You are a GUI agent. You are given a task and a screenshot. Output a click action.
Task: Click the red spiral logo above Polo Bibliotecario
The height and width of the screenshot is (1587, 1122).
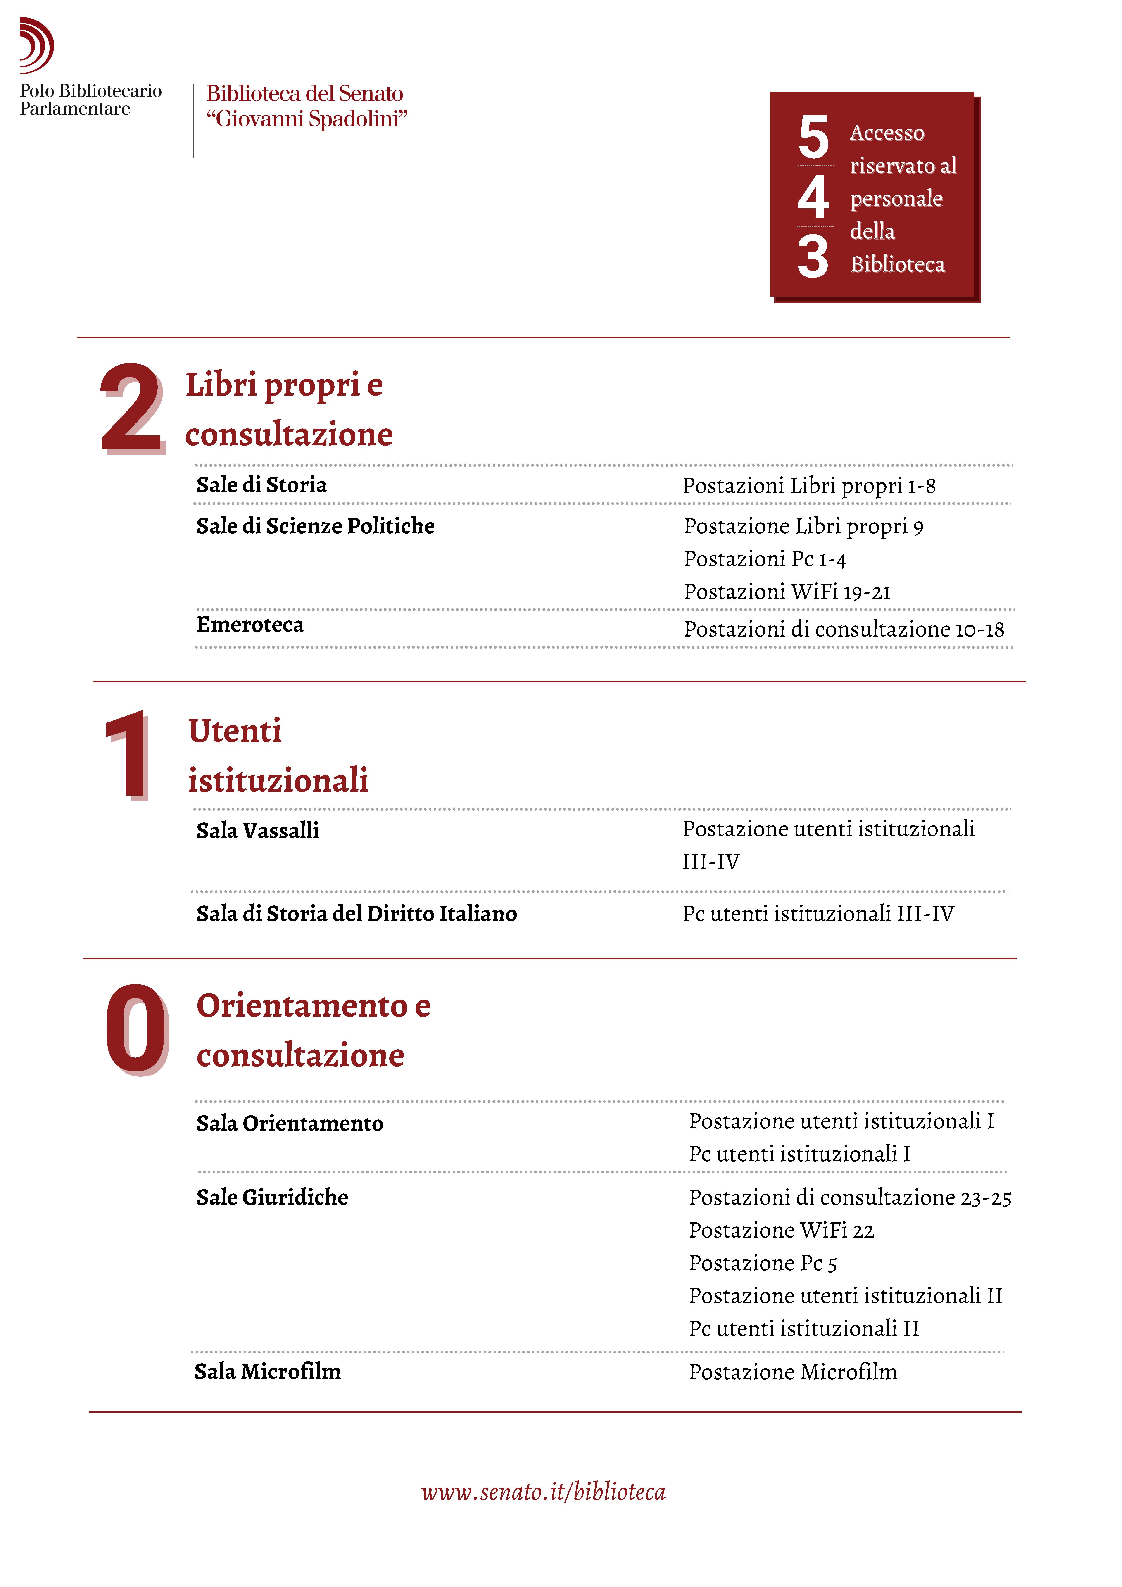click(36, 45)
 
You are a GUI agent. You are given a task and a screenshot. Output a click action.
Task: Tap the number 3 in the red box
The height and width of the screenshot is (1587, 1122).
click(813, 257)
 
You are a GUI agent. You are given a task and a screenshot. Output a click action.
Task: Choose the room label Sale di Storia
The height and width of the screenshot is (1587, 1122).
click(261, 485)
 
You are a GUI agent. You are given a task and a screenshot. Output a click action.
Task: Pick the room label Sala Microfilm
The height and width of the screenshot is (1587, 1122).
click(268, 1371)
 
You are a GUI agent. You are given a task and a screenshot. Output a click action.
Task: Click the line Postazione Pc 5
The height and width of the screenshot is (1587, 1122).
click(763, 1263)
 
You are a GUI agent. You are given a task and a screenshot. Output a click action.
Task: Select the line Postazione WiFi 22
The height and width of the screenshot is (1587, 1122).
click(781, 1230)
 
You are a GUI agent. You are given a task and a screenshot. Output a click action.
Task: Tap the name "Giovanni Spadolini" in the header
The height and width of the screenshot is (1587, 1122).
click(307, 119)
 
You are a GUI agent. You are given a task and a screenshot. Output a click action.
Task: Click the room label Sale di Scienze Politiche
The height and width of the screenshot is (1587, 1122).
click(315, 526)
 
